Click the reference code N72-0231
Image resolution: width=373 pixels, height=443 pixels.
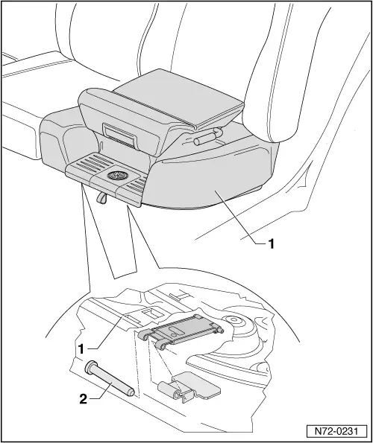point(336,431)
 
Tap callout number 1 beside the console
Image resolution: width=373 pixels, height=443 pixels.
point(271,243)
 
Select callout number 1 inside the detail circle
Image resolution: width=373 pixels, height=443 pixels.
point(81,349)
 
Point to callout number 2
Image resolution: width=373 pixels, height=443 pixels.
point(83,399)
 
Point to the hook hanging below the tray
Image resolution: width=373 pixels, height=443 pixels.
point(101,197)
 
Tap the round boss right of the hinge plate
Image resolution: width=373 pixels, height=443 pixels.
point(234,320)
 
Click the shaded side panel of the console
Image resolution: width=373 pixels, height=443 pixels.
point(215,181)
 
